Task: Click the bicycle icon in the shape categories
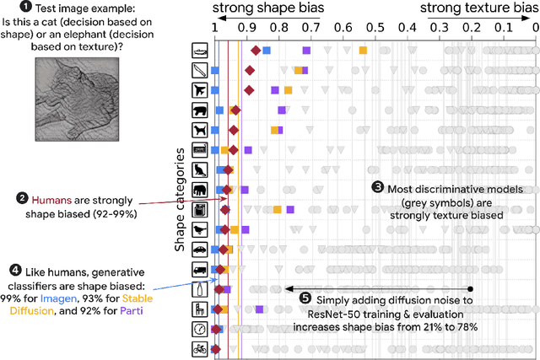point(200,348)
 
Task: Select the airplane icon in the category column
point(200,90)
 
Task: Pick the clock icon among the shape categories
point(200,328)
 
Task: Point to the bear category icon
point(200,110)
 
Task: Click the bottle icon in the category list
point(200,288)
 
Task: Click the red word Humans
point(51,200)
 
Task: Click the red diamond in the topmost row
point(255,51)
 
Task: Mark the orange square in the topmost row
point(363,51)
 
